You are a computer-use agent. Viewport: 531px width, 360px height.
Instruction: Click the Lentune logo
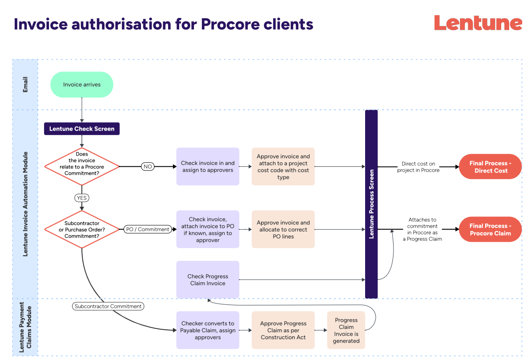(478, 23)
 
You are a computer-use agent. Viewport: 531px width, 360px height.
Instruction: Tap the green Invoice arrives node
(82, 84)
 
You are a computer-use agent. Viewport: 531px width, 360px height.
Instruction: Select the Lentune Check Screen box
(82, 129)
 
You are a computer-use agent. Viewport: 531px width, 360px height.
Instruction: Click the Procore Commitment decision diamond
(82, 167)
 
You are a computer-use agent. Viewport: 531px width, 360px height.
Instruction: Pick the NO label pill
(148, 167)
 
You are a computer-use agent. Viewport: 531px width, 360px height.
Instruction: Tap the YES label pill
(82, 197)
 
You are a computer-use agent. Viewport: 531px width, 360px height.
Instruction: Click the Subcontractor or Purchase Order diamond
(82, 229)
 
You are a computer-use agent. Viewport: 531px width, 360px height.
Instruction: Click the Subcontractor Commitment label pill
(108, 306)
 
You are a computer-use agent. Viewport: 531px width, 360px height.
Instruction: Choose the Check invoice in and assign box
(208, 167)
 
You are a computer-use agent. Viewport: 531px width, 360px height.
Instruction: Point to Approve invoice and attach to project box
(283, 167)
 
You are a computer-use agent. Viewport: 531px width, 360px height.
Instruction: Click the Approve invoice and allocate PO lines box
(283, 229)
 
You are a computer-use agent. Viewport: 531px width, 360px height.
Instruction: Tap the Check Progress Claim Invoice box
(208, 280)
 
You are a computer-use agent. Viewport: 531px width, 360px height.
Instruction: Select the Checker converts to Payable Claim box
(208, 330)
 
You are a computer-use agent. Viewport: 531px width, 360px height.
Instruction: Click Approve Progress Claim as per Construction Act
(283, 330)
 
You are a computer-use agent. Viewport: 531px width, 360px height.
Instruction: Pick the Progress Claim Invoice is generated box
(346, 330)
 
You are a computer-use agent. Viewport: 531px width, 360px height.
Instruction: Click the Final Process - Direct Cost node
(490, 167)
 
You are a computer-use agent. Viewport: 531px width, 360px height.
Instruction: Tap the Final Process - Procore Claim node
(490, 229)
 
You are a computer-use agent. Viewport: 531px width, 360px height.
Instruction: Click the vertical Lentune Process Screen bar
(371, 204)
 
